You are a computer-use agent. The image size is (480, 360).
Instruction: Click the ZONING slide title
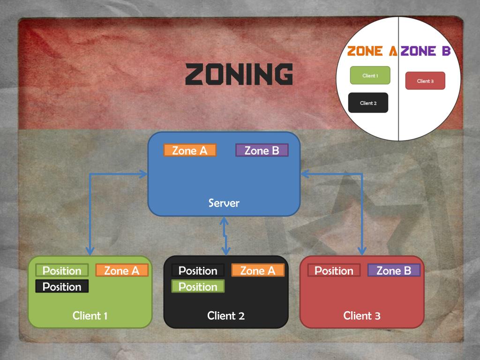coord(239,75)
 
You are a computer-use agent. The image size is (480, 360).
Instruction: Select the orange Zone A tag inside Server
coord(190,150)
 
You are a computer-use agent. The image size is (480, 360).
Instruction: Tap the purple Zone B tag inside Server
coord(262,150)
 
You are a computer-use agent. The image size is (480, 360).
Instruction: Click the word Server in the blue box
coord(224,203)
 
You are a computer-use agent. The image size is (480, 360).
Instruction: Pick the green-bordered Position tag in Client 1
coord(62,270)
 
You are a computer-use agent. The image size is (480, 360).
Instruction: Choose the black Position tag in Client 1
coord(62,286)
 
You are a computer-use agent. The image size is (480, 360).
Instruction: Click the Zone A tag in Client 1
coord(122,270)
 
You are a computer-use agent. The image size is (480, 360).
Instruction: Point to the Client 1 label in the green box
coord(90,315)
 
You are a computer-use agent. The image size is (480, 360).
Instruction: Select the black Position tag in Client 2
coord(198,270)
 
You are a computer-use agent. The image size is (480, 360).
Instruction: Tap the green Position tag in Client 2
coord(198,286)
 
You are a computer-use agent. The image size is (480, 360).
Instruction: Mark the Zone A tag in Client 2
coord(258,270)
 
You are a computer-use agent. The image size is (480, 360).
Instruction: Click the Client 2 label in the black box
coord(226,315)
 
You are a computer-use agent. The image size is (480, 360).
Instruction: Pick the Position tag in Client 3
coord(334,270)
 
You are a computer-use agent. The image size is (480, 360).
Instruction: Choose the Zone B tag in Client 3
coord(394,270)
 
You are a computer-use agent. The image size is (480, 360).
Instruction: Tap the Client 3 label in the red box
coord(362,315)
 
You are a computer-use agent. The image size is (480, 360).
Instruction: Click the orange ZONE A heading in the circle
coord(372,51)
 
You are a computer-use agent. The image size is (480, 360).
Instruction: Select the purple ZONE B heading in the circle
coord(426,51)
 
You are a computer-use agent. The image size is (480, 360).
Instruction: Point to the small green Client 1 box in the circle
coord(370,75)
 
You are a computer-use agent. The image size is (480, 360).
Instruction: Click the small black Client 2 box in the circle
coord(368,103)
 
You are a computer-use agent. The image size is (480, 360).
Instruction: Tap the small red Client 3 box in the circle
coord(425,81)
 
